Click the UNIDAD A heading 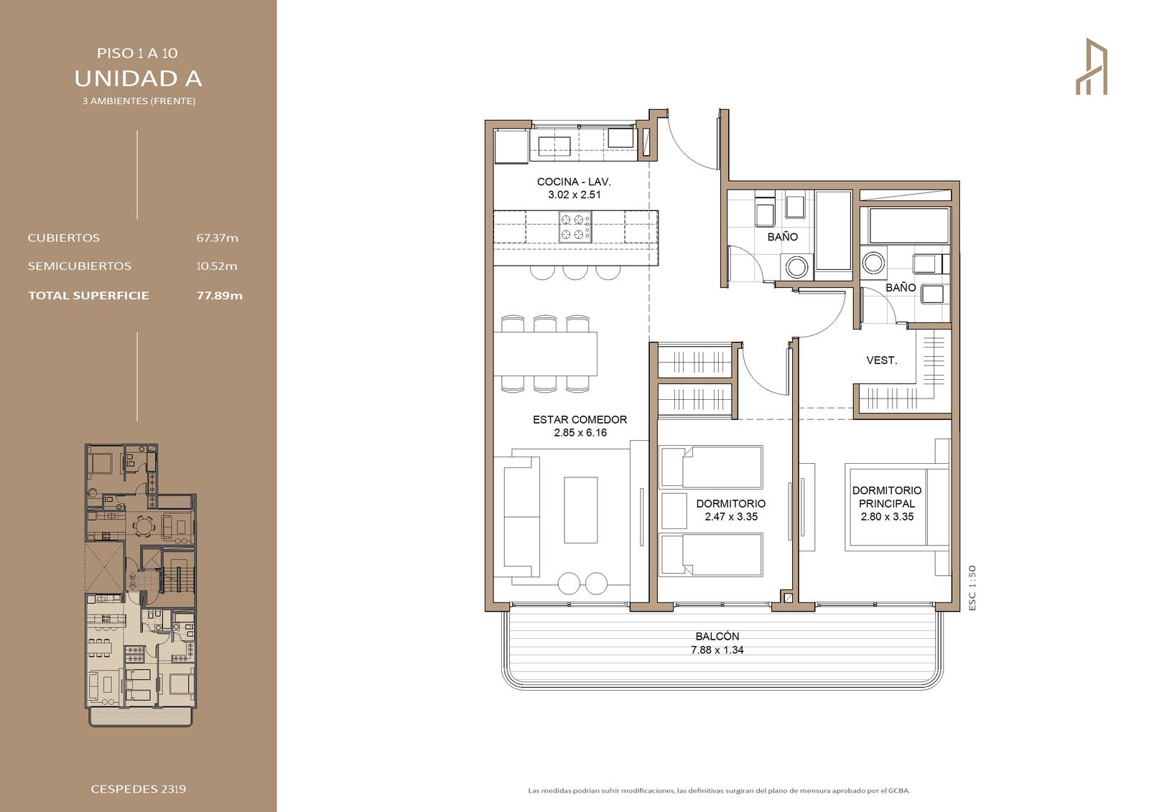pyautogui.click(x=138, y=78)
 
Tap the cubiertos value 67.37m pyautogui.click(x=218, y=238)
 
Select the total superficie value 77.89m pyautogui.click(x=220, y=296)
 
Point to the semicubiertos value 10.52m pyautogui.click(x=217, y=266)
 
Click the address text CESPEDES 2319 pyautogui.click(x=139, y=789)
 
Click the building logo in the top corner pyautogui.click(x=1092, y=66)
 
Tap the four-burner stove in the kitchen pyautogui.click(x=575, y=227)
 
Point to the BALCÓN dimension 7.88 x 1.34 pyautogui.click(x=717, y=650)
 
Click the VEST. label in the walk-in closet pyautogui.click(x=882, y=360)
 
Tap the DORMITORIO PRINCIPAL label pyautogui.click(x=887, y=497)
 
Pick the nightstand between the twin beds pyautogui.click(x=674, y=511)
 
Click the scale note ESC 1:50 pyautogui.click(x=972, y=588)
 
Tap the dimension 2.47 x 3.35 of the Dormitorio pyautogui.click(x=731, y=517)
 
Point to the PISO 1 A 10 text pyautogui.click(x=137, y=53)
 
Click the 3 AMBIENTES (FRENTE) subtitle pyautogui.click(x=139, y=101)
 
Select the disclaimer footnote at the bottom pyautogui.click(x=719, y=790)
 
